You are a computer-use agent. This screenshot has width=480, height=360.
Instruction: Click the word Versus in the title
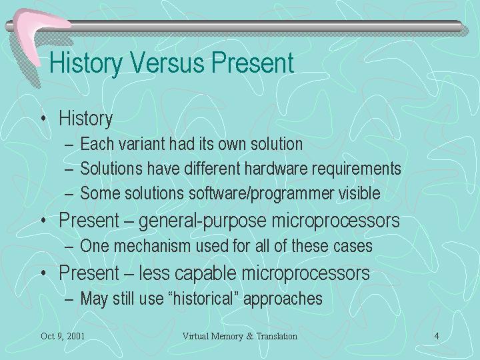167,63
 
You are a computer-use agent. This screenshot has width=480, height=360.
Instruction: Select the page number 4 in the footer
437,336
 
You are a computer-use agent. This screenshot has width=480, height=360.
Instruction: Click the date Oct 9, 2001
63,336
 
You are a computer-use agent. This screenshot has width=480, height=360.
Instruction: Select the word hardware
276,169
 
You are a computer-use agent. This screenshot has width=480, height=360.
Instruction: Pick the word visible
359,193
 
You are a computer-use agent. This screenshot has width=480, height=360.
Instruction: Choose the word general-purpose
203,221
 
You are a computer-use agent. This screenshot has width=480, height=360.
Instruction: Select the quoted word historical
203,298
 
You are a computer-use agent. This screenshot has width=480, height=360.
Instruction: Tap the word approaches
283,299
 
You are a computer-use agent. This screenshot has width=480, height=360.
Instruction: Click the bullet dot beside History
44,118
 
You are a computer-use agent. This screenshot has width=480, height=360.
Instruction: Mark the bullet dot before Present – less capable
44,273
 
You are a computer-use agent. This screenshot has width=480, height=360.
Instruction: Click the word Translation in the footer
277,336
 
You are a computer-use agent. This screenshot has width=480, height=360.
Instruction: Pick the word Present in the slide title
253,63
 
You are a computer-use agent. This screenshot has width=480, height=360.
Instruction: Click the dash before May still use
69,299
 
